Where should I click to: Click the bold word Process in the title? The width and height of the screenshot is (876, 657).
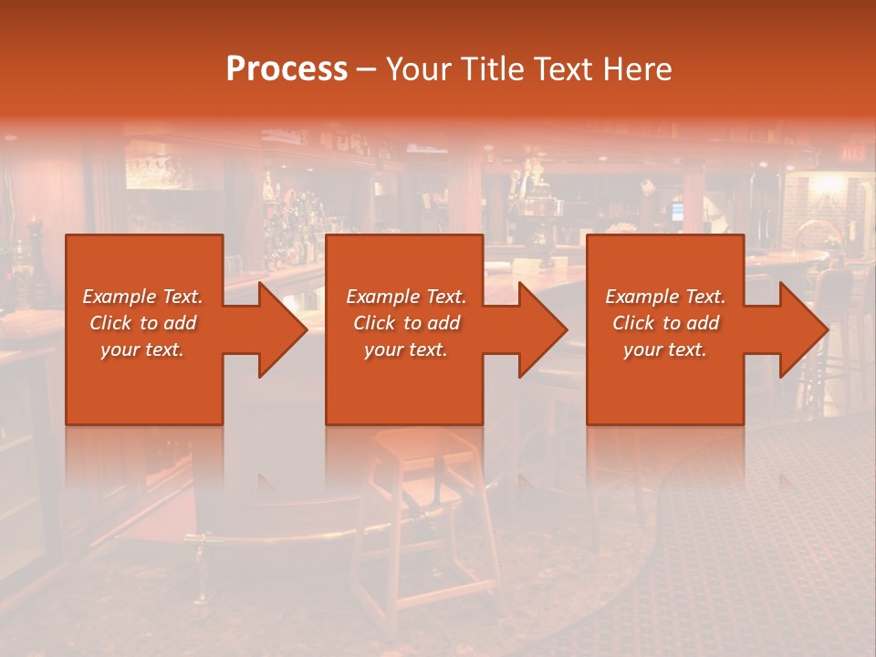pyautogui.click(x=287, y=69)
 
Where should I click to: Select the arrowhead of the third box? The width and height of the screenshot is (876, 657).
pyautogui.click(x=803, y=329)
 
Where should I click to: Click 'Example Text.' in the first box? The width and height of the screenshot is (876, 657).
pyautogui.click(x=142, y=297)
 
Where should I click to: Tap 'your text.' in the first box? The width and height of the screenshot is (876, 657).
pyautogui.click(x=142, y=349)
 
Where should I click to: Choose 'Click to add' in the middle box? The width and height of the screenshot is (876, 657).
pyautogui.click(x=406, y=323)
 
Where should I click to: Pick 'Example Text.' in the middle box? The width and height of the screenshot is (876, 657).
pyautogui.click(x=406, y=297)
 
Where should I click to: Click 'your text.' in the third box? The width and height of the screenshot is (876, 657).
pyautogui.click(x=665, y=349)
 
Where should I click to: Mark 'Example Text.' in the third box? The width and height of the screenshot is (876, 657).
pyautogui.click(x=665, y=297)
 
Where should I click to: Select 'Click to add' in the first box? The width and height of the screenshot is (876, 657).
pyautogui.click(x=142, y=323)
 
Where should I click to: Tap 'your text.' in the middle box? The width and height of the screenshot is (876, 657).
pyautogui.click(x=406, y=349)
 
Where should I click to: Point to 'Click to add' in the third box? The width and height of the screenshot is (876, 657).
pyautogui.click(x=665, y=323)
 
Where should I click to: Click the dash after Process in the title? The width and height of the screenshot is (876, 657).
pyautogui.click(x=366, y=69)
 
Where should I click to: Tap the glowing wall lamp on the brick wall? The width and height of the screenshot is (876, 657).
pyautogui.click(x=829, y=187)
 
